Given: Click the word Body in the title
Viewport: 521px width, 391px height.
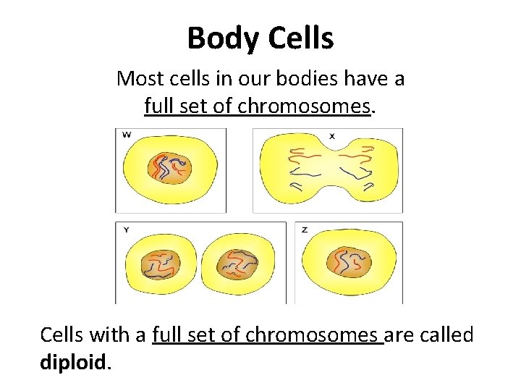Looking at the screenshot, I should point(219,38).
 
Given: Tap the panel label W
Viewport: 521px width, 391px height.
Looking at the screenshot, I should point(127,134).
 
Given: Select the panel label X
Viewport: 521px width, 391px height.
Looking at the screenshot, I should point(332,135).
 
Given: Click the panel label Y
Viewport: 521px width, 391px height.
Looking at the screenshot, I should point(127,229).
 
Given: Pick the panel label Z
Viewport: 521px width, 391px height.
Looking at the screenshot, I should point(305,230).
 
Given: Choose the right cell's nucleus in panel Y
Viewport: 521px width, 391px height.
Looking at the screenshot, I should point(237,265).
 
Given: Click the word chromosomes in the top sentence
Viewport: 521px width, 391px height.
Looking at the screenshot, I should point(304,106).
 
